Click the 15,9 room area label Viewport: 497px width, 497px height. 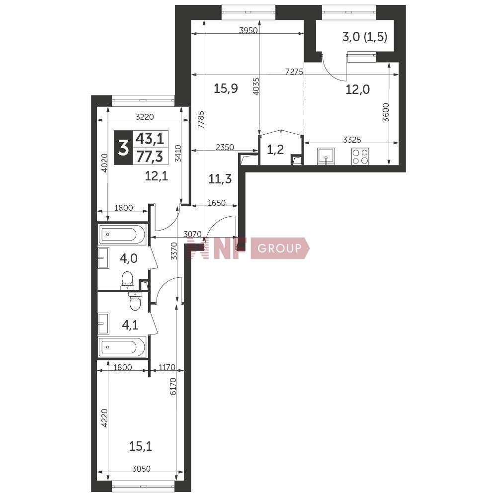[x=226, y=88]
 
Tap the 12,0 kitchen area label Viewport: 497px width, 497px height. [x=357, y=89]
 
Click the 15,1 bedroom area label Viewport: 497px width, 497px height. [x=141, y=446]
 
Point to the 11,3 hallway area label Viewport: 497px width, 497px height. [x=220, y=179]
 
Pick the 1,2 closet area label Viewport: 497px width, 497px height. [x=275, y=149]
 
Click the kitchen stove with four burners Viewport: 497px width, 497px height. [x=360, y=156]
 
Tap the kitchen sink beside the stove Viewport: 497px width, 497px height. [x=326, y=156]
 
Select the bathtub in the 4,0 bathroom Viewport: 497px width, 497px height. [x=122, y=234]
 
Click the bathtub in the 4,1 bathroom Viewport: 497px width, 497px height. [x=122, y=347]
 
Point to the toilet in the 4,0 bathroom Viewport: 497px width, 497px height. [x=127, y=281]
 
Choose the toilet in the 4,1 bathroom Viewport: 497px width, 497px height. [x=135, y=301]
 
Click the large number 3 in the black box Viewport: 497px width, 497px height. [x=123, y=148]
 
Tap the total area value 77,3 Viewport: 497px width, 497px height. [x=149, y=157]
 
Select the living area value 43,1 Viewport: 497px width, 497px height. [x=150, y=139]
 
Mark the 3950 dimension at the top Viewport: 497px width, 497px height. [x=248, y=30]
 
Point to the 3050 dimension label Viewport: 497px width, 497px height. [x=141, y=469]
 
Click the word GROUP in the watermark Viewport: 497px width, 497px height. [x=279, y=248]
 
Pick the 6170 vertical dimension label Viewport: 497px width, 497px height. [x=173, y=386]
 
